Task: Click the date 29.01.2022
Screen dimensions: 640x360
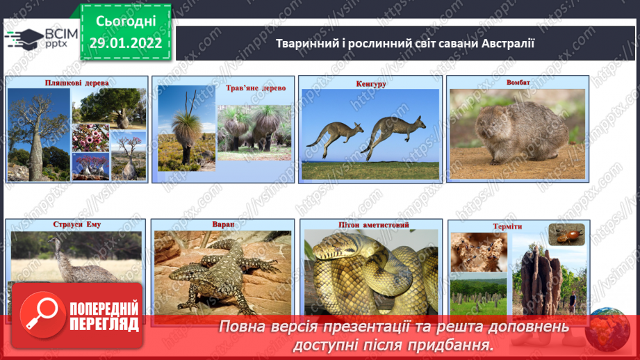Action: [x=125, y=43]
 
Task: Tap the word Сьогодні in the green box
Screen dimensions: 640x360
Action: [x=126, y=22]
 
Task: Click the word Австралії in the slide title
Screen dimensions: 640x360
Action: [x=508, y=43]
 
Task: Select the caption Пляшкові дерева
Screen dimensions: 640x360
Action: [x=76, y=83]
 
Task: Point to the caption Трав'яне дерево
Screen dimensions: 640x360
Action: [x=256, y=88]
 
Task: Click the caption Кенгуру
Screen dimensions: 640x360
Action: [x=371, y=84]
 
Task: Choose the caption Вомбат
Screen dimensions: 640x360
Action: [x=518, y=83]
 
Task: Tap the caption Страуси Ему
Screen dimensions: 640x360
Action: [x=76, y=224]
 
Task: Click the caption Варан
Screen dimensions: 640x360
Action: [x=223, y=224]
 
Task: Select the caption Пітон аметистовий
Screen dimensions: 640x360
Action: [x=373, y=225]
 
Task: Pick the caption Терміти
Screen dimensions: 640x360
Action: [x=507, y=227]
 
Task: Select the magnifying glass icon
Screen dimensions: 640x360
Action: [x=42, y=313]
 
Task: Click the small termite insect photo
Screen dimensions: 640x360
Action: [x=566, y=235]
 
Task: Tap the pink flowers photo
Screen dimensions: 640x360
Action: [x=90, y=138]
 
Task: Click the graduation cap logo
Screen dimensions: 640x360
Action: [x=24, y=39]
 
